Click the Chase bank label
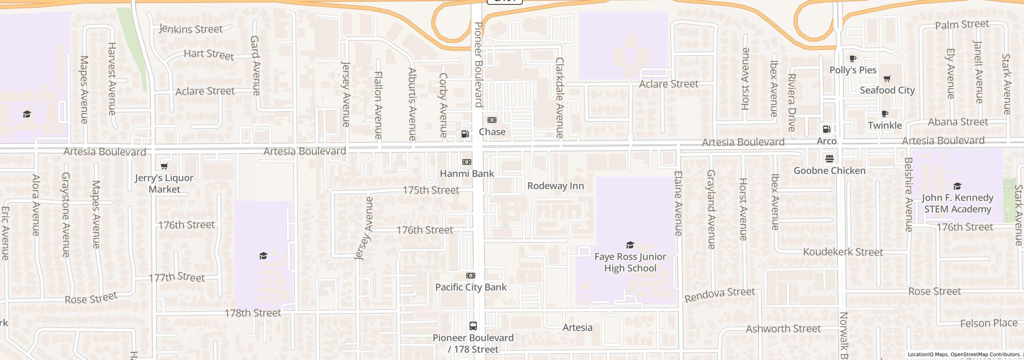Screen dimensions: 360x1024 click(492, 132)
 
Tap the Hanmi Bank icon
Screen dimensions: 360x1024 click(467, 162)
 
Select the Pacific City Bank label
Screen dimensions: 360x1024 click(471, 287)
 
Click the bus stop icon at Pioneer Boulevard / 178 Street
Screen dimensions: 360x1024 click(473, 326)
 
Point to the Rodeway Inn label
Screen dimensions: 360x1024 click(555, 186)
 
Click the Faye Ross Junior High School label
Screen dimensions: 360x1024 click(630, 262)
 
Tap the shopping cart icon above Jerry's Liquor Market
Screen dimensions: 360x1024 click(164, 166)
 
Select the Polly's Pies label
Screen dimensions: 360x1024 click(853, 70)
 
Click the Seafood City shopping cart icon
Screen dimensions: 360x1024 click(887, 78)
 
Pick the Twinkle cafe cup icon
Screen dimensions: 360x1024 click(885, 114)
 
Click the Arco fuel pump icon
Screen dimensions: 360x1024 click(826, 129)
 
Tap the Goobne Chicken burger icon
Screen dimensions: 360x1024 click(829, 158)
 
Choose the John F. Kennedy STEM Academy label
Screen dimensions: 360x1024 click(957, 204)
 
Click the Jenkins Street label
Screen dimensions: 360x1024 click(191, 29)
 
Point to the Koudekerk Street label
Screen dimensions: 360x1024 click(843, 252)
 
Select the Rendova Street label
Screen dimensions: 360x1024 click(720, 295)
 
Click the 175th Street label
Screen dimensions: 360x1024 click(431, 190)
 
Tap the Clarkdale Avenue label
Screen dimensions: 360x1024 click(559, 98)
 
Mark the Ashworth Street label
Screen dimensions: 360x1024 click(783, 329)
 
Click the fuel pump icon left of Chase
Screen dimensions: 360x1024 click(465, 134)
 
